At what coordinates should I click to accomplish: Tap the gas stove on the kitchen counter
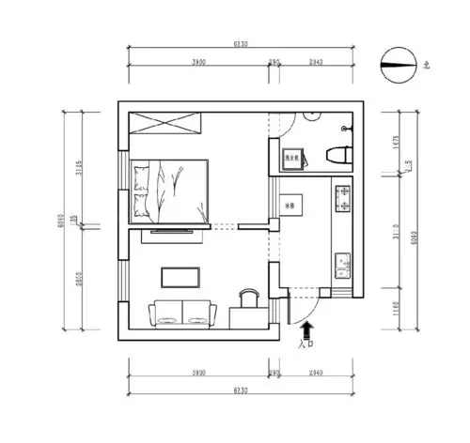click(342, 198)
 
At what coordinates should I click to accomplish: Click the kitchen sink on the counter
click(342, 266)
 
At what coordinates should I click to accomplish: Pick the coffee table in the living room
click(180, 276)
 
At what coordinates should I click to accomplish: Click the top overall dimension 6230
click(241, 44)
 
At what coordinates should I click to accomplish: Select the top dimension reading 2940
click(315, 62)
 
